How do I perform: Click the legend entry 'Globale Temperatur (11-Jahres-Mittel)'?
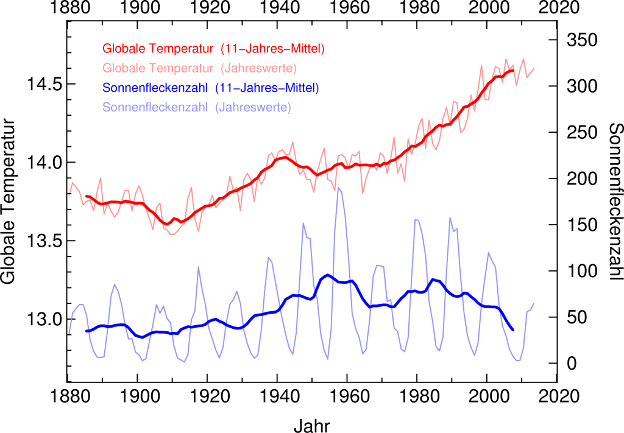[x=213, y=48]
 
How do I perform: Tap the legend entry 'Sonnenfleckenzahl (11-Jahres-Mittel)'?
[x=211, y=88]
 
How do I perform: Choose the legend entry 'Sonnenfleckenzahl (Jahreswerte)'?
[x=197, y=108]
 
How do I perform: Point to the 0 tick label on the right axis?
[x=572, y=364]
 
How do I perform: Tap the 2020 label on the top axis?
[x=557, y=9]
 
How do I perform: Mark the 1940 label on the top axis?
[x=277, y=9]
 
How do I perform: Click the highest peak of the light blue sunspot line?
[x=339, y=188]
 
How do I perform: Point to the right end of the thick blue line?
[x=513, y=330]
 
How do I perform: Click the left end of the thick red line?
[x=87, y=197]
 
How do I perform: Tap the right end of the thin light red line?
[x=534, y=68]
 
